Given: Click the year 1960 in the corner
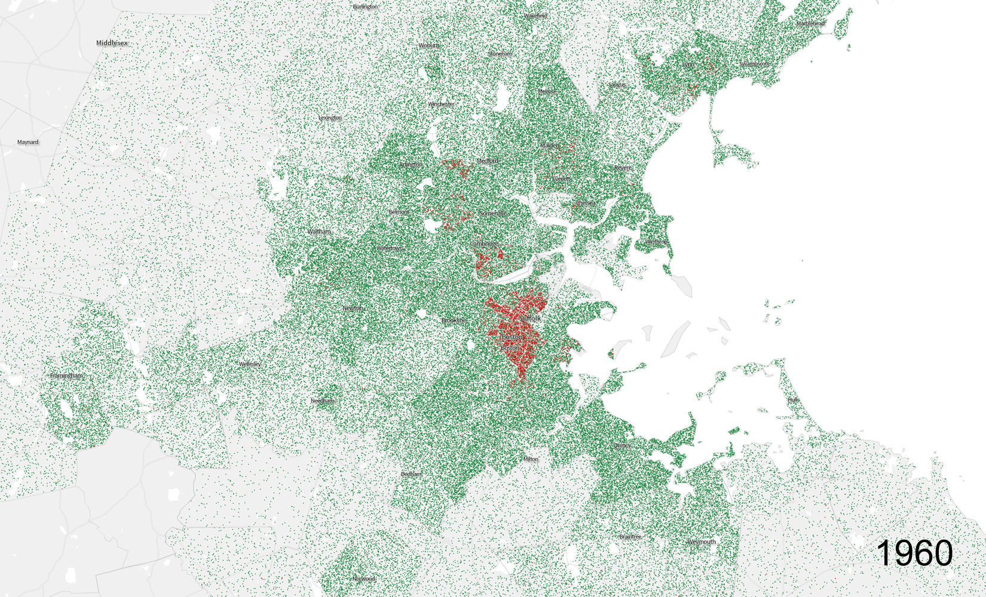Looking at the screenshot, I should point(915,553).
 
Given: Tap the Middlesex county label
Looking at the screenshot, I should point(112,43).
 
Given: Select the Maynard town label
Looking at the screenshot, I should point(28,142).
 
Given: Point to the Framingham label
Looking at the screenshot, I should point(66,376).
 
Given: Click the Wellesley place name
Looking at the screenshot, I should point(250,364).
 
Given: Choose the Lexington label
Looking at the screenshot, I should point(330,118).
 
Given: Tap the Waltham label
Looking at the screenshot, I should point(319,232).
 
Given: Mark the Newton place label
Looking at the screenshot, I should point(353,308).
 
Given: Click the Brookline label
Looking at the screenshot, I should point(454,321).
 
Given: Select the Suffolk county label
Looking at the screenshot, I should point(530,318).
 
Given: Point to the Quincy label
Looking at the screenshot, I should point(621,445).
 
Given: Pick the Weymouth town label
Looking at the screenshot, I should point(701,542).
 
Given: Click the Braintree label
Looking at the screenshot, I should point(630,537).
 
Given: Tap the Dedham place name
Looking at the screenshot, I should point(411,474).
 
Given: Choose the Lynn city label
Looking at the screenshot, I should point(688,64).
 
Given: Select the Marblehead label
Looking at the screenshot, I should point(810,24).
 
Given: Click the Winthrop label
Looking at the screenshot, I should point(656,242).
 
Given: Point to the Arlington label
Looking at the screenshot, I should point(411,165).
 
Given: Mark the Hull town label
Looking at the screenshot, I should point(793,400).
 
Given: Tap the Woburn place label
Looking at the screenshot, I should point(428,45).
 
